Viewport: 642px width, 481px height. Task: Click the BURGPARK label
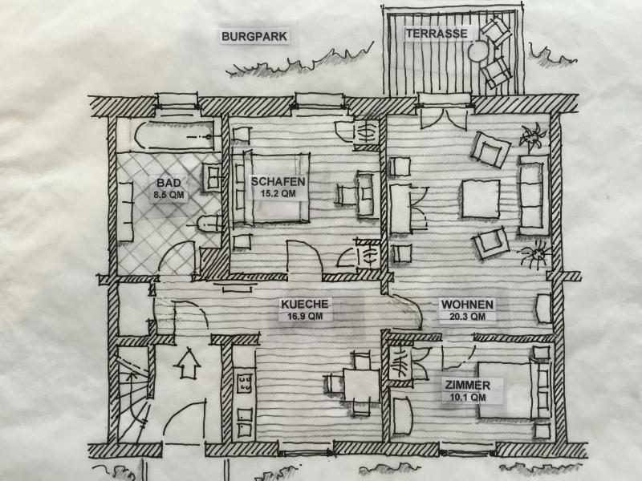click(254, 36)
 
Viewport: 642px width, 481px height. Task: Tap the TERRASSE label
click(437, 34)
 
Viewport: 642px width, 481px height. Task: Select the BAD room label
click(169, 182)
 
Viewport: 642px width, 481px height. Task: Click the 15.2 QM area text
click(278, 193)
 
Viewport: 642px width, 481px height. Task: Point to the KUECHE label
click(305, 305)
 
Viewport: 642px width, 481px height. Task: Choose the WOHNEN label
click(467, 305)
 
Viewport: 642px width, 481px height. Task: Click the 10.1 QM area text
click(468, 397)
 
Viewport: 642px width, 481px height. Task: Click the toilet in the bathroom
click(208, 224)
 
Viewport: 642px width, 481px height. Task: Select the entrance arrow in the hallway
click(187, 363)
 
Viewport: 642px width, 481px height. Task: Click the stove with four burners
click(246, 384)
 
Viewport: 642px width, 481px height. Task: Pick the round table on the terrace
click(478, 51)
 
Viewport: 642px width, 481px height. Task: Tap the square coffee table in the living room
click(481, 199)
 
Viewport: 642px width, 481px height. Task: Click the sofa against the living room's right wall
click(534, 195)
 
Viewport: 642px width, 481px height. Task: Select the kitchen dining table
click(361, 386)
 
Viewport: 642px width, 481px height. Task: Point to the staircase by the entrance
click(133, 394)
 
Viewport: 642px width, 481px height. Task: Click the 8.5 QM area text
click(169, 195)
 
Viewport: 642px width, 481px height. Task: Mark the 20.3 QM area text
click(467, 317)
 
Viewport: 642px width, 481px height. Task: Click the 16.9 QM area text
click(305, 316)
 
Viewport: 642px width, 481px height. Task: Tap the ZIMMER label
click(468, 386)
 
